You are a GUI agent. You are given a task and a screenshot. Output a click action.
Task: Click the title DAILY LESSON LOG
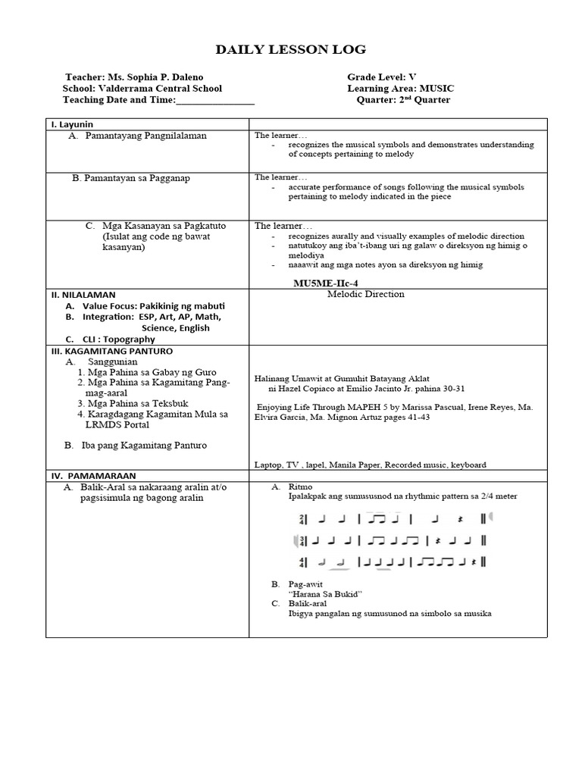coord(291,50)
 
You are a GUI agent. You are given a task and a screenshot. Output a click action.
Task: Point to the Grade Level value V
coord(413,77)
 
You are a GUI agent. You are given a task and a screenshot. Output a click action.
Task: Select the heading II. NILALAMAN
coord(83,294)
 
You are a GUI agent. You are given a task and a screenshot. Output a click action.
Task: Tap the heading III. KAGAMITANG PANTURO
coord(111,352)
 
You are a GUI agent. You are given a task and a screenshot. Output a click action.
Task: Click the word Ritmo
coord(300,486)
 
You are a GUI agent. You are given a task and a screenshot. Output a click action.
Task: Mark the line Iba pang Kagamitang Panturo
coord(144,446)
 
